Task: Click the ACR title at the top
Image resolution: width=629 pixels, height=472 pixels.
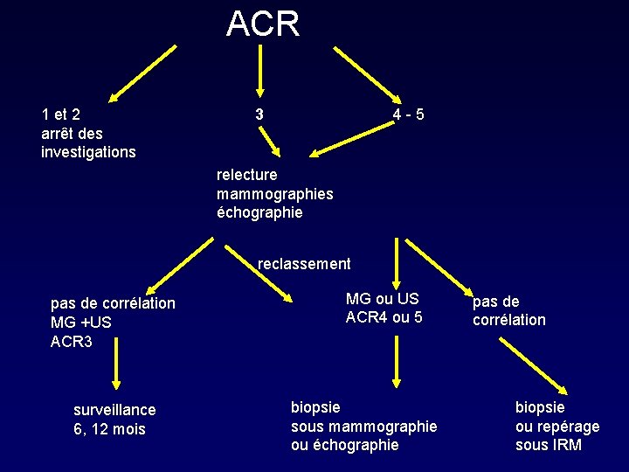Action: point(262,24)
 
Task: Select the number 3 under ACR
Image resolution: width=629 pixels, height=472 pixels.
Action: point(259,115)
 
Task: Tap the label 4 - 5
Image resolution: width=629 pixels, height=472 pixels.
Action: point(409,115)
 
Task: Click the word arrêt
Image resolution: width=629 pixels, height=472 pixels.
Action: point(59,133)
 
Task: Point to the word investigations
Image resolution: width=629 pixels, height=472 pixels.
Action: point(88,152)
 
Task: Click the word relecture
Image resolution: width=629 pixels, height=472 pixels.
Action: point(247,175)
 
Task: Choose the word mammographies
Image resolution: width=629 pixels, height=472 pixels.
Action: point(274,193)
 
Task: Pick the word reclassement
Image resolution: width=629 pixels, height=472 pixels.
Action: point(304,264)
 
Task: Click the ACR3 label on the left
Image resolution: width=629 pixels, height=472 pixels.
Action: point(72,341)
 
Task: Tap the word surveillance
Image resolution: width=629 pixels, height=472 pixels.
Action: point(114,410)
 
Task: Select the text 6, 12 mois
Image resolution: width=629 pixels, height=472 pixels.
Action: point(109,429)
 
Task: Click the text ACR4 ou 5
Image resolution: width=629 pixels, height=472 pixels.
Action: point(384,317)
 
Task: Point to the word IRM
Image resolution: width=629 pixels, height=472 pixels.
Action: point(565,445)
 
